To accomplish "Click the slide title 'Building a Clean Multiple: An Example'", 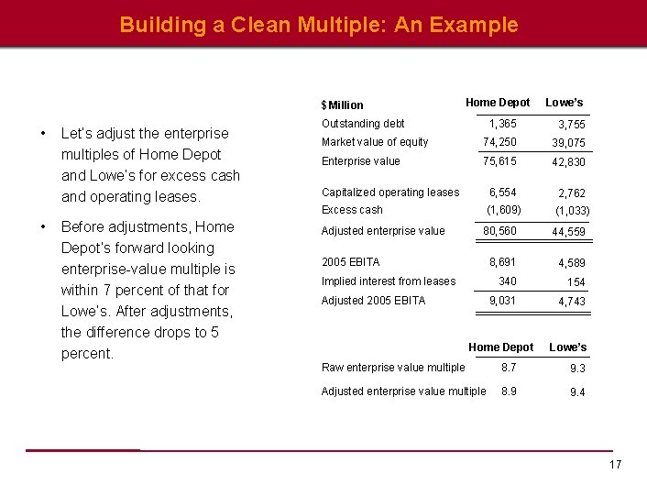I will tap(318, 25).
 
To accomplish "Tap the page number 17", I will tap(615, 465).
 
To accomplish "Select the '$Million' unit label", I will tap(342, 105).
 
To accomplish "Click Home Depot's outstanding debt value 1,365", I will tap(502, 124).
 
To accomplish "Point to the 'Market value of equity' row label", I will tap(374, 142).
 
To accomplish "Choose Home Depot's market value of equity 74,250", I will tap(499, 142).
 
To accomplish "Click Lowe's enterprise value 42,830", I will tap(568, 162).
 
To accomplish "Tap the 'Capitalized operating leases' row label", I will tap(390, 193).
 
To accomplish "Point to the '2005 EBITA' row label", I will tap(350, 262).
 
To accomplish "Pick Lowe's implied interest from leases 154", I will tap(576, 282).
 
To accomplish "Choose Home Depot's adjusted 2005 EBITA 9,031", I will tap(502, 301).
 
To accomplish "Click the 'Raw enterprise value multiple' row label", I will tap(392, 368).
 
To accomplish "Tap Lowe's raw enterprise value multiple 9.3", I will tap(577, 369).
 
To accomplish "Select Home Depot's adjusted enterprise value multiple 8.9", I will tap(509, 391).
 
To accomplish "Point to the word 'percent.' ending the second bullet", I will tap(87, 354).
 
